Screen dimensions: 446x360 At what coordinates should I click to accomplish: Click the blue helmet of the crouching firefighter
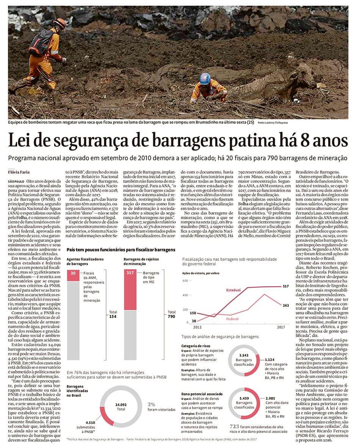[x=205, y=78]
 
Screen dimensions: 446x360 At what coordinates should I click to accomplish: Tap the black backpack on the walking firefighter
[x=39, y=42]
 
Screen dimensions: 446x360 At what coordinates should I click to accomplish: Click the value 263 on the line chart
[x=286, y=306]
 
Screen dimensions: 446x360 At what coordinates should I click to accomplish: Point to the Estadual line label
[x=233, y=290]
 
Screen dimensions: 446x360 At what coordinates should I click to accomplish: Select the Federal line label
[x=232, y=319]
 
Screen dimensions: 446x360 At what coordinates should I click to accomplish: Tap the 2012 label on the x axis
[x=197, y=326]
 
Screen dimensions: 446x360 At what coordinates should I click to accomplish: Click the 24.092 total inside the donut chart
[x=121, y=404]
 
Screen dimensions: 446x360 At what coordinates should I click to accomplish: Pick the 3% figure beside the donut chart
[x=152, y=404]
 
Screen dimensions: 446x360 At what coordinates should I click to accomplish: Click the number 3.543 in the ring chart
[x=244, y=355]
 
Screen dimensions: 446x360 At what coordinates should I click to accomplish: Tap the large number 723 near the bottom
[x=234, y=426]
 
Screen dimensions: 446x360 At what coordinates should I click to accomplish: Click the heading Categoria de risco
[x=196, y=346]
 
